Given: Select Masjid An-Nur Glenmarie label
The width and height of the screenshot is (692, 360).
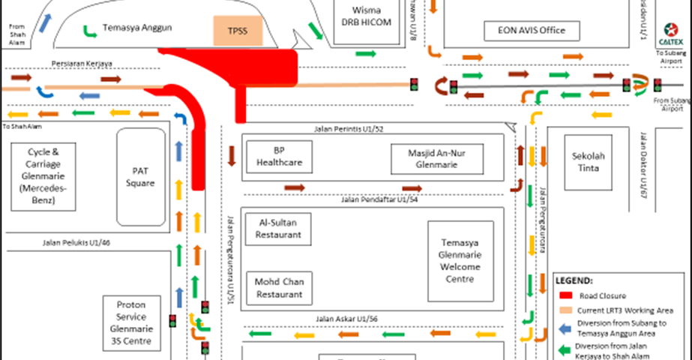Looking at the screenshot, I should point(436,157).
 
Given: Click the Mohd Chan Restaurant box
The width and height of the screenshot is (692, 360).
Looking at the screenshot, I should point(279,288).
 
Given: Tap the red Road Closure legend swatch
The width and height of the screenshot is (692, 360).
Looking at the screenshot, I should point(568,295).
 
